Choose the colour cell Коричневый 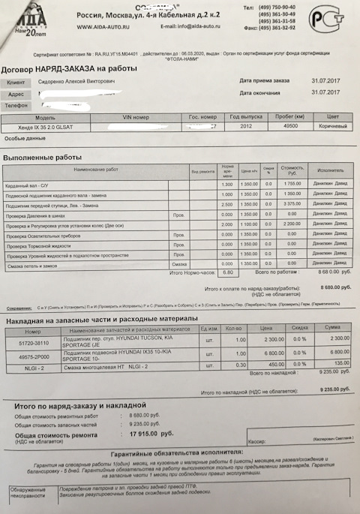328,127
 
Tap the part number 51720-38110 34,341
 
